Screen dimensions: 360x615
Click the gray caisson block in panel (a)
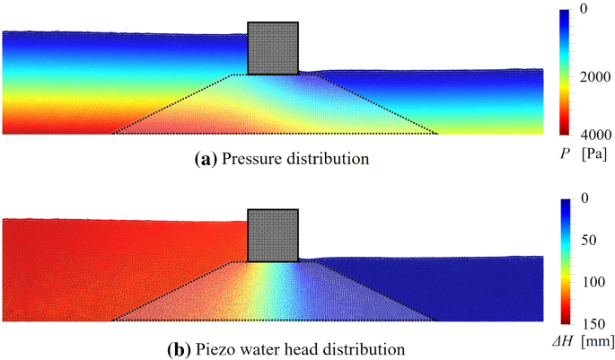coord(273,48)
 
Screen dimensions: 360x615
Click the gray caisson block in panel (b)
coord(273,236)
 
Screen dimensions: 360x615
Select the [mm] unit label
coord(596,341)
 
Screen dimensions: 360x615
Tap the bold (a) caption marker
coord(205,160)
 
